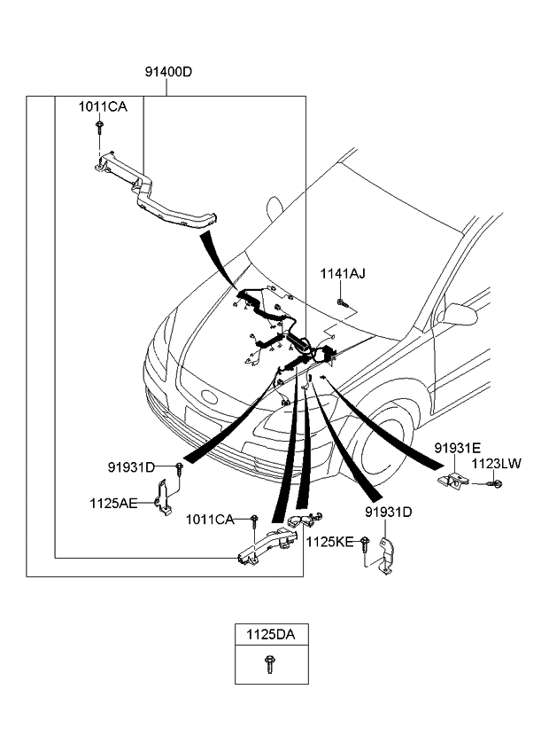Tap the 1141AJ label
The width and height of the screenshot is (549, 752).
point(343,274)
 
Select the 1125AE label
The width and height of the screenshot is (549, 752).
point(113,503)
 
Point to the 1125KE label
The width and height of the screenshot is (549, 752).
point(329,540)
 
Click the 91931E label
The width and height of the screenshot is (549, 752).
point(457,449)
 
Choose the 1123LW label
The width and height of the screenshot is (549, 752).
point(497,464)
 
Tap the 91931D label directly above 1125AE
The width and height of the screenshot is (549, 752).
point(132,466)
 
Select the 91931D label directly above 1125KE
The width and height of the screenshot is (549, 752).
point(388,513)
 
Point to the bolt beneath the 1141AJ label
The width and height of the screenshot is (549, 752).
point(343,304)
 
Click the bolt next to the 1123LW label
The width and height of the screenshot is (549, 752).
point(496,483)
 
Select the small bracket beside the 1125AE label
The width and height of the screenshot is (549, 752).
point(164,498)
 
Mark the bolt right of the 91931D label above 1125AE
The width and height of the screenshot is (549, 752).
point(180,466)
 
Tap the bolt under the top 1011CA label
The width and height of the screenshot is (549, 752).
point(99,129)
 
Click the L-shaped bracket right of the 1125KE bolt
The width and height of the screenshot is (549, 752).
point(385,558)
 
